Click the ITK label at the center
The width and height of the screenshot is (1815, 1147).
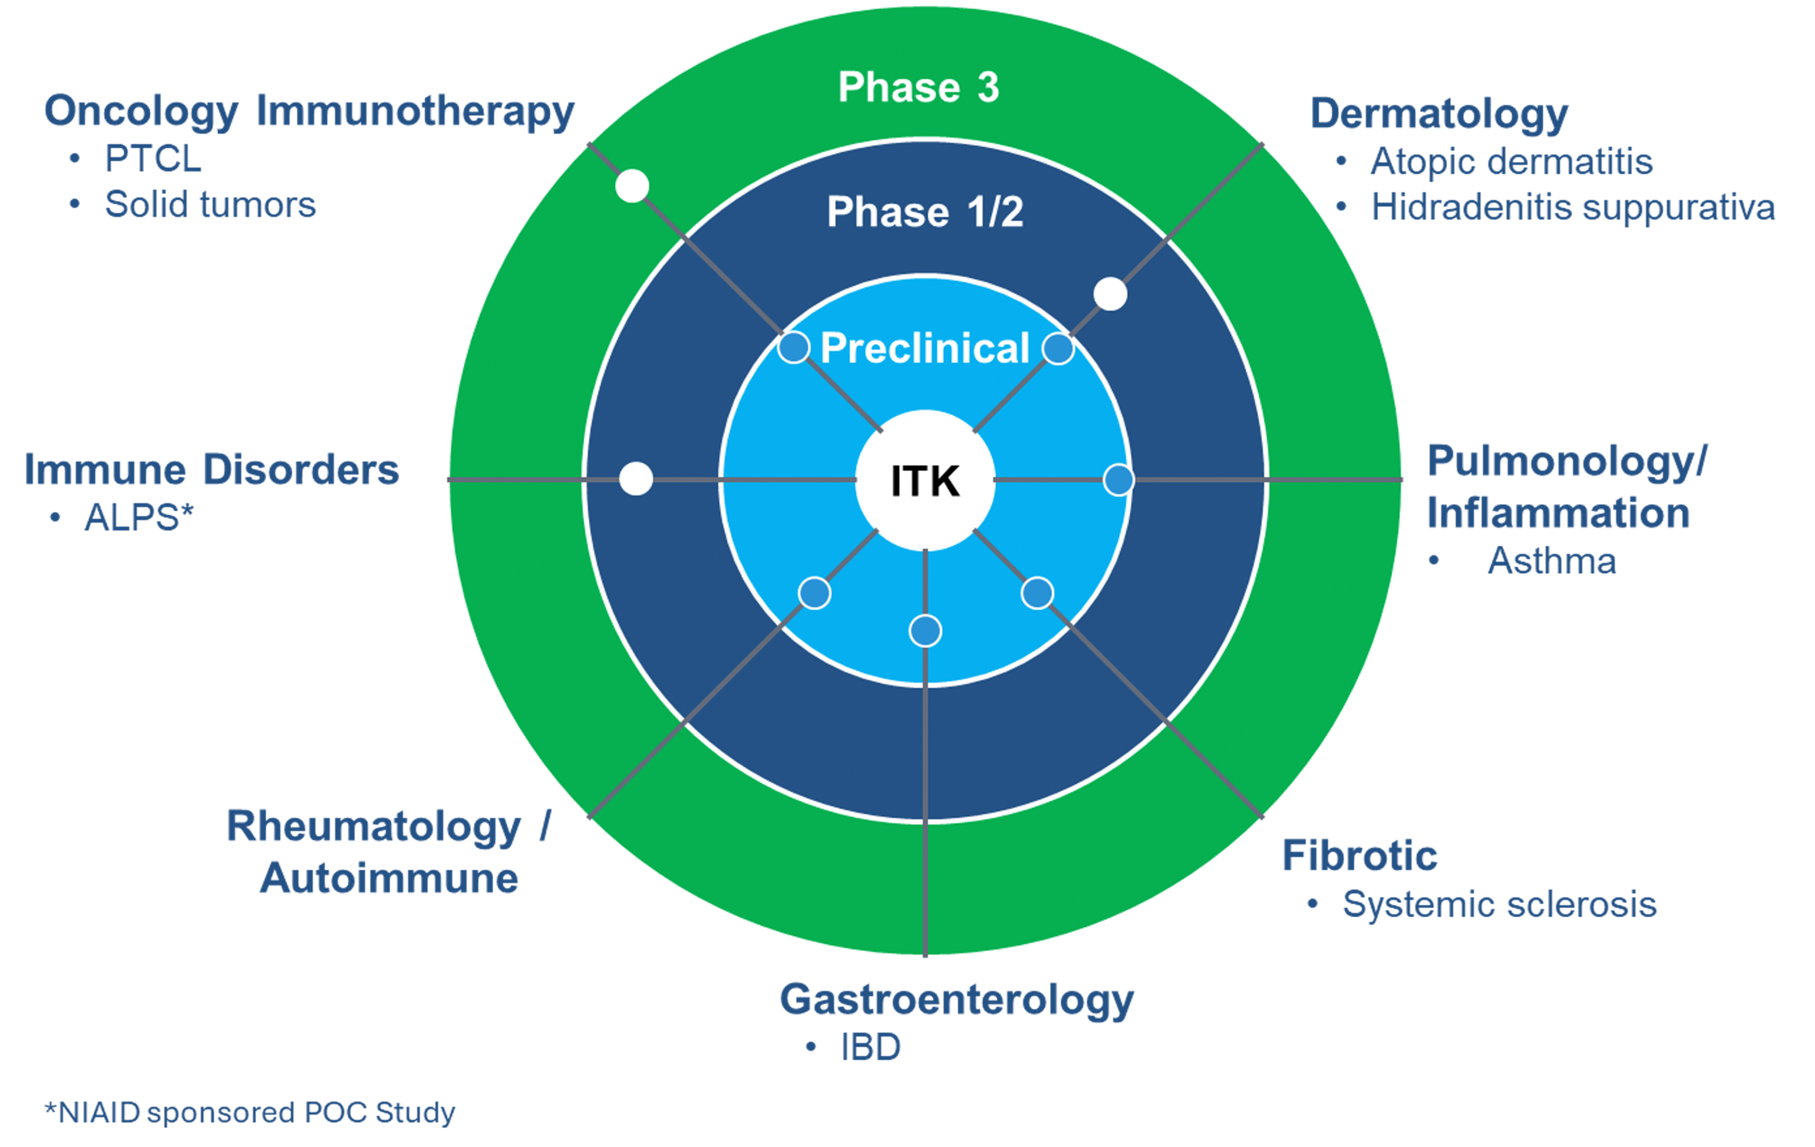925,481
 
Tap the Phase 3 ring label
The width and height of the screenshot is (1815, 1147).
918,87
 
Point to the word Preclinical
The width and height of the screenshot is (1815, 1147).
925,348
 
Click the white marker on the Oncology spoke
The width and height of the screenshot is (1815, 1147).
632,186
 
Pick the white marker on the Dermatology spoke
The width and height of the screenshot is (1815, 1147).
1110,294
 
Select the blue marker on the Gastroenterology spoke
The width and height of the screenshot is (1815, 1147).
925,631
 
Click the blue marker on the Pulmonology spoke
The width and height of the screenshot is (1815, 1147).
1118,480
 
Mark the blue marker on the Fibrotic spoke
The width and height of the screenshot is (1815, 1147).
1037,593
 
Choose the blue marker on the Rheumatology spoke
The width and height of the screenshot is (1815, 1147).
814,593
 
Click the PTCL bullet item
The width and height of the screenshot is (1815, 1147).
153,159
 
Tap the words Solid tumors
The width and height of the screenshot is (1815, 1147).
210,205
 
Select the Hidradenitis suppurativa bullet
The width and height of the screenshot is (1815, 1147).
1572,207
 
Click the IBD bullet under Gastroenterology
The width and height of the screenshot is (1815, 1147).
870,1047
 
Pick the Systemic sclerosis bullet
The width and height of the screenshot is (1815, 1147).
1499,904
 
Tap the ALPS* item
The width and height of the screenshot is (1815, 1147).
138,518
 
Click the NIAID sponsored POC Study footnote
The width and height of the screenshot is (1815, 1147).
250,1112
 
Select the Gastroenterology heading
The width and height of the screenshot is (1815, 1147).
956,1000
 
